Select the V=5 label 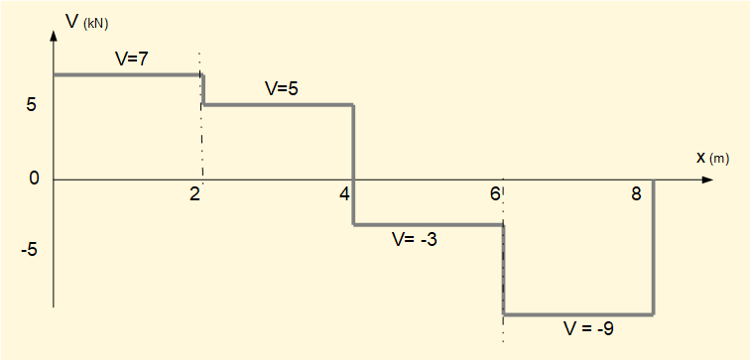[282, 88]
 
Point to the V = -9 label [588, 327]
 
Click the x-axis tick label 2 [194, 194]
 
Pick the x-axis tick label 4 [344, 194]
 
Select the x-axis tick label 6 [494, 194]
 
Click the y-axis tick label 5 [33, 105]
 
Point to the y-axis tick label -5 [30, 249]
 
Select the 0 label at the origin [33, 180]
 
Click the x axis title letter [700, 157]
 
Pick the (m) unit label [719, 159]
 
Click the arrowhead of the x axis [706, 180]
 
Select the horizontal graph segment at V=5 [278, 104]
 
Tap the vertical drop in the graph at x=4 [354, 164]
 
